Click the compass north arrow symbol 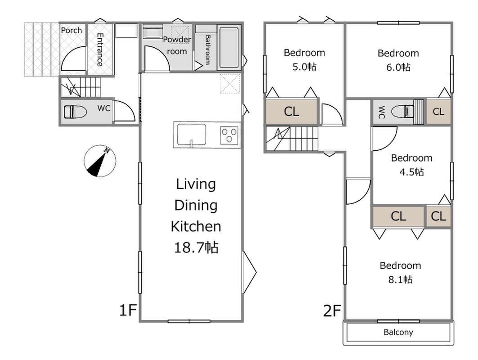tap(100, 161)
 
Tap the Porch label tap(71, 31)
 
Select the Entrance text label tap(100, 49)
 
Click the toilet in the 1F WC tap(75, 112)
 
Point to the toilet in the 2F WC tap(402, 111)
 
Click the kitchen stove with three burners tap(229, 135)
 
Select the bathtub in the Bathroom tap(229, 47)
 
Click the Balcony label tap(398, 332)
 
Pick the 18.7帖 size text tap(196, 247)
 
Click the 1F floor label tap(127, 310)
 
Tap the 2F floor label tap(332, 311)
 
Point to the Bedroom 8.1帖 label tap(400, 272)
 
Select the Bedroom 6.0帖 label tap(398, 60)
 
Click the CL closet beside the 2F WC tap(438, 112)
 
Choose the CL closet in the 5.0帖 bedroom tap(292, 112)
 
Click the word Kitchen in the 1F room tap(196, 226)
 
